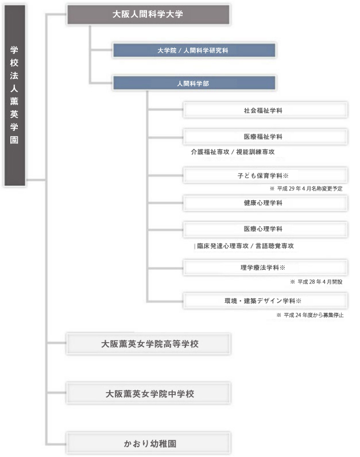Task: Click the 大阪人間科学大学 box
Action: point(148,14)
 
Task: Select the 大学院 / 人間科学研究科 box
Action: point(194,51)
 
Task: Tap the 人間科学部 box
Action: point(194,83)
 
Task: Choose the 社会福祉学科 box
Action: point(265,110)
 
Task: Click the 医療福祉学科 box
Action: point(265,137)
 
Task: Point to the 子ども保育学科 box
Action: point(265,176)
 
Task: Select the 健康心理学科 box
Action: point(265,203)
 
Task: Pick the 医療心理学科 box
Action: point(265,229)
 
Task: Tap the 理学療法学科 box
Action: point(265,268)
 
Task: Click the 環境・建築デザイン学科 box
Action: point(265,301)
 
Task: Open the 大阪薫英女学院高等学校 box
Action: point(149,344)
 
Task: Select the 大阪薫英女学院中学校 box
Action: point(149,393)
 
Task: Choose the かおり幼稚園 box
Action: point(149,443)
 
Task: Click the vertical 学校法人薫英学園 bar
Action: point(14,95)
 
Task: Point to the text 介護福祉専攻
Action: point(210,152)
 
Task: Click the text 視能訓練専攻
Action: point(256,152)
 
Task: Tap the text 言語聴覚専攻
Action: point(274,246)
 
